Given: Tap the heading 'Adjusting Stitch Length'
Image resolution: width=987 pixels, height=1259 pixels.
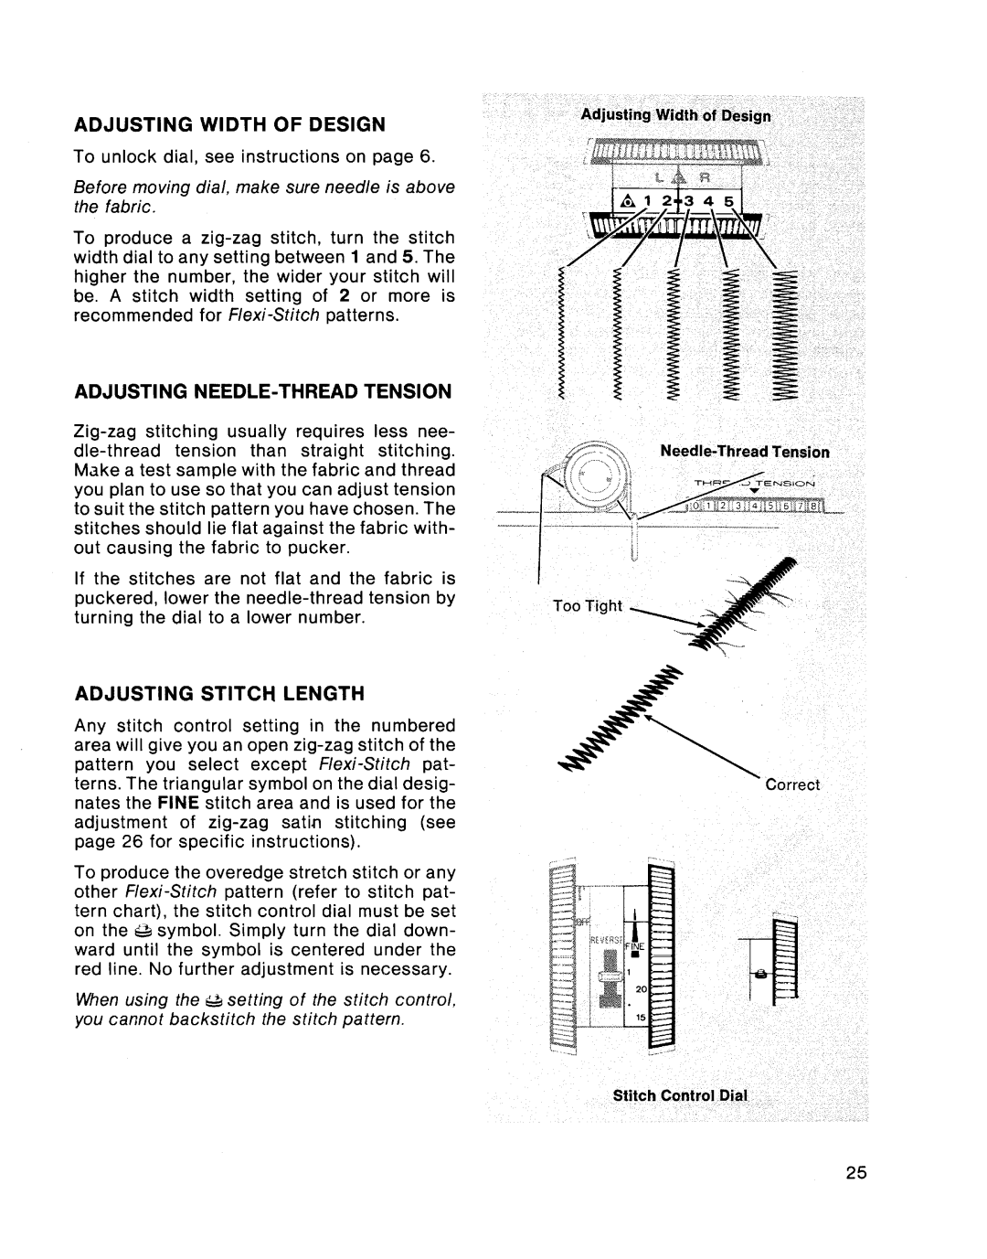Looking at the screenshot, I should [x=219, y=692].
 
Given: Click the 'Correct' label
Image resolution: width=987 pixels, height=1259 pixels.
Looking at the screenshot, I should [x=792, y=784].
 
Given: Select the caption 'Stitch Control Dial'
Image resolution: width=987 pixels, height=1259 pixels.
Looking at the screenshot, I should [x=680, y=1094].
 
